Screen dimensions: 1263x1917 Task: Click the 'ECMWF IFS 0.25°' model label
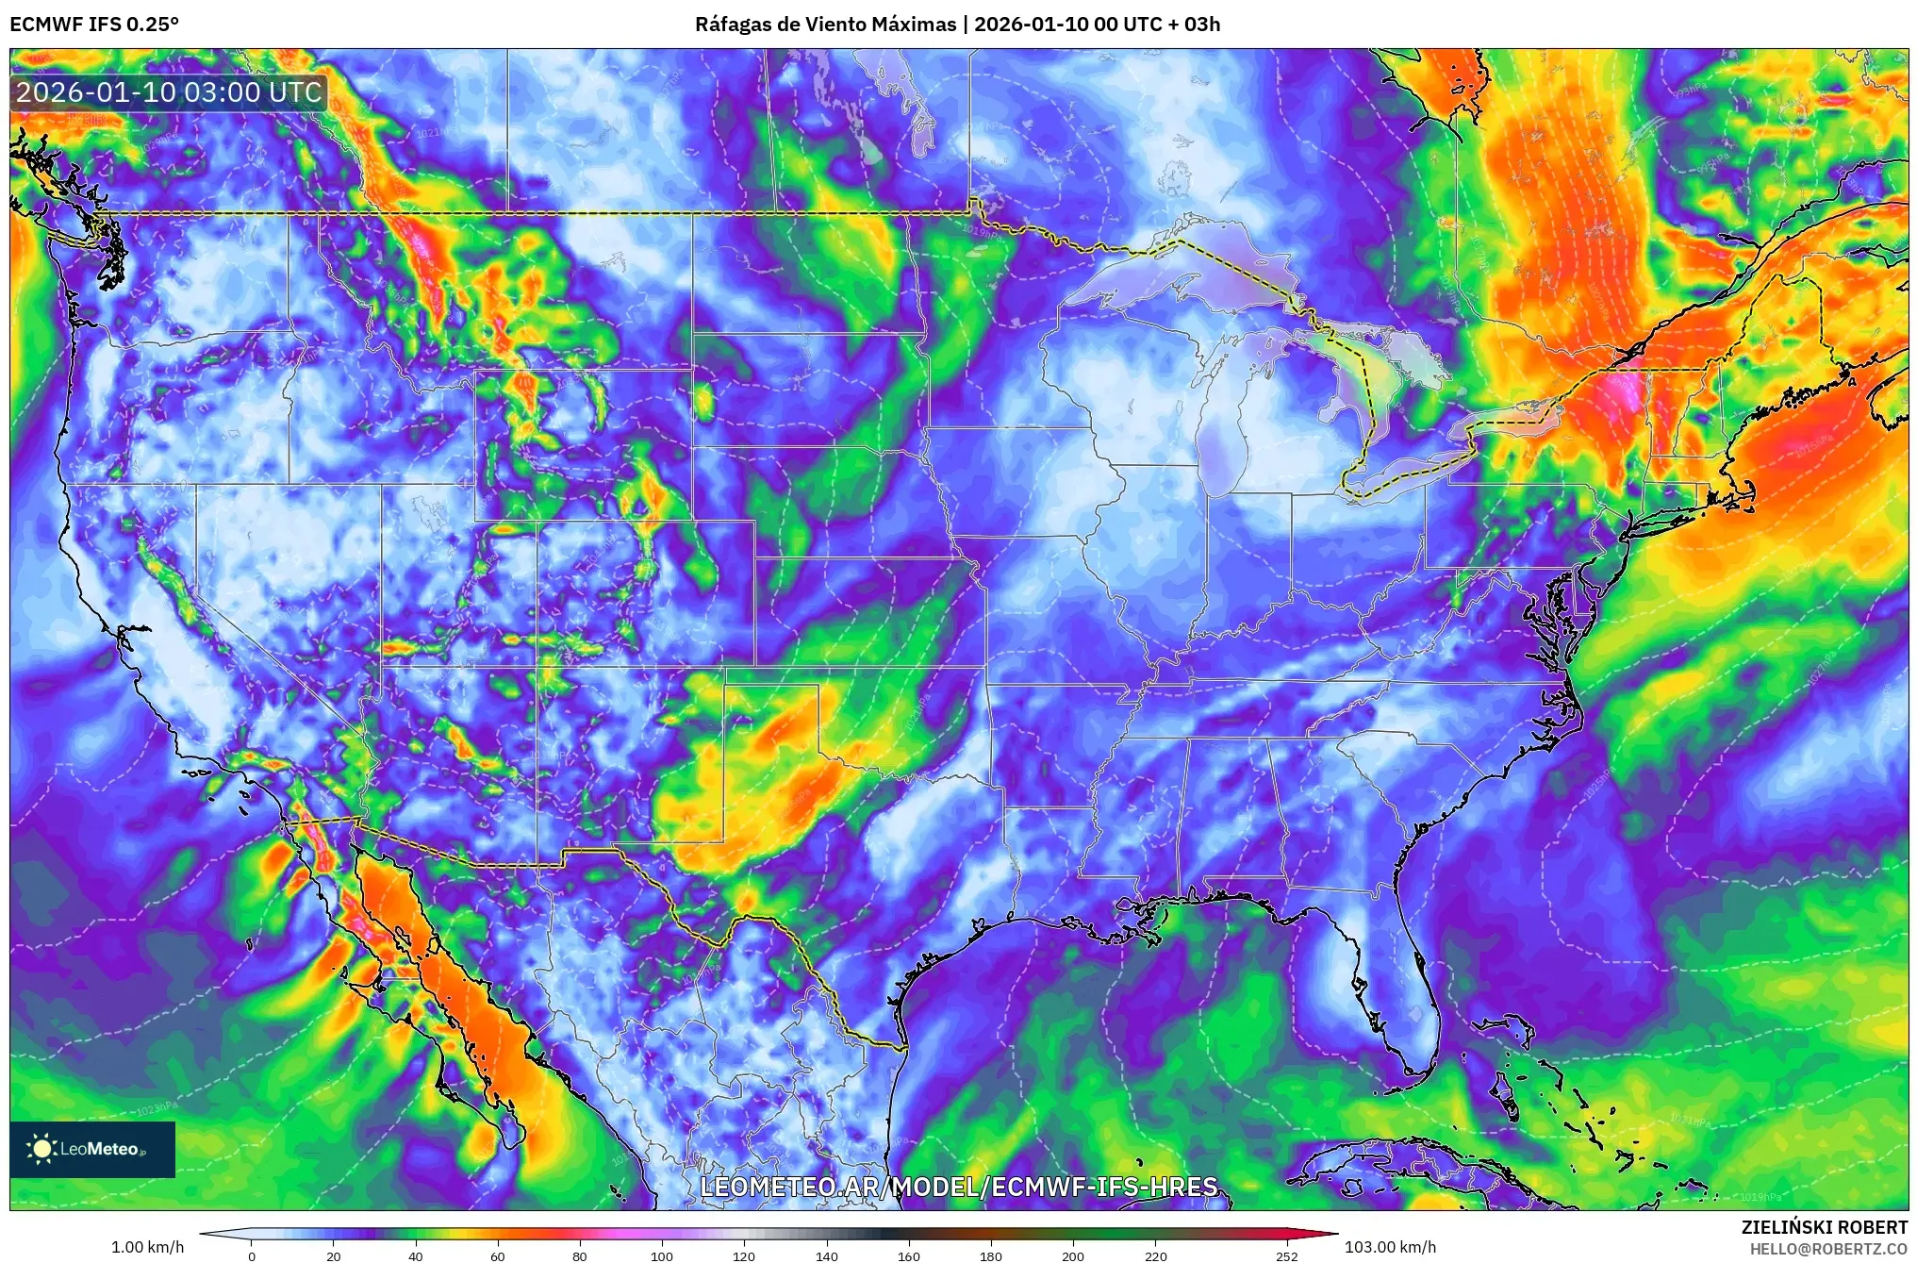tap(93, 25)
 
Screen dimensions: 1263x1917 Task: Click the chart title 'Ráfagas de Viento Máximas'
tap(825, 25)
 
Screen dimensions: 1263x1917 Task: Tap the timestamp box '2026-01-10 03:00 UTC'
tap(170, 92)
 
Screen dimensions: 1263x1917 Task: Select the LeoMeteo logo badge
tap(92, 1149)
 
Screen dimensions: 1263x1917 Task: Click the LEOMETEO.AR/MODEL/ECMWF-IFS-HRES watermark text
tap(959, 1187)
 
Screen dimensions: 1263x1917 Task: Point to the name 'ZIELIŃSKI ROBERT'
tap(1824, 1227)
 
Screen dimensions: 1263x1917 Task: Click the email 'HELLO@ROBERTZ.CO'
tap(1828, 1249)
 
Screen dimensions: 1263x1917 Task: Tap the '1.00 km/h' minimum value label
tap(148, 1247)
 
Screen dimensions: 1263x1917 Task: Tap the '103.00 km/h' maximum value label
tap(1390, 1247)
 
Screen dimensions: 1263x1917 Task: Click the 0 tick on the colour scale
tap(252, 1255)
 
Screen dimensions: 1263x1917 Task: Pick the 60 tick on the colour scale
tap(498, 1255)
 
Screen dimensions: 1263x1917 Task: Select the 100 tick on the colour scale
tap(662, 1255)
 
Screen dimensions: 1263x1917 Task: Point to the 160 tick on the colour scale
tap(909, 1255)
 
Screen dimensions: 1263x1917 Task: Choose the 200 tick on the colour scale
tap(1073, 1255)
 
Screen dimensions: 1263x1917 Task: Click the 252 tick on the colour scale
tap(1287, 1255)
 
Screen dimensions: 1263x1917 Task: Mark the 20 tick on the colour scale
tap(334, 1255)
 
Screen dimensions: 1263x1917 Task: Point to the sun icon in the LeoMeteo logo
tap(42, 1149)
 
